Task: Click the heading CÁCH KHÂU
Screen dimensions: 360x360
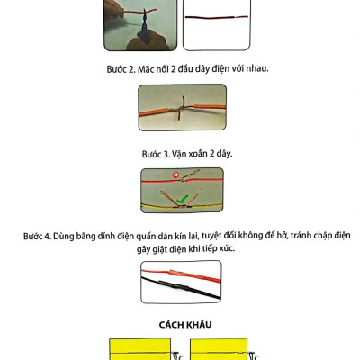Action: click(185, 325)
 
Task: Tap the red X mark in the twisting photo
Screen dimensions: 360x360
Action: click(175, 175)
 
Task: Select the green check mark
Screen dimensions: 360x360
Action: click(182, 199)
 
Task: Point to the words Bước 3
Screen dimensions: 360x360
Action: click(156, 154)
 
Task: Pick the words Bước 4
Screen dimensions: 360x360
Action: click(37, 236)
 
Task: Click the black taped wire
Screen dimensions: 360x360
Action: click(181, 288)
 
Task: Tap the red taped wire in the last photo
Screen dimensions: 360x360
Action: click(181, 275)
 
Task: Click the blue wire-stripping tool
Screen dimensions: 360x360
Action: click(145, 29)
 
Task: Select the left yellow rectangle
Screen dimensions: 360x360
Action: click(139, 349)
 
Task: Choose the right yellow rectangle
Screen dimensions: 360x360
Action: click(219, 349)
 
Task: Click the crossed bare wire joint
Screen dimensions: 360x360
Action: click(181, 108)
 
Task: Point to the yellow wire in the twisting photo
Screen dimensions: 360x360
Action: click(182, 206)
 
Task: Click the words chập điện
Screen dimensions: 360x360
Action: click(332, 236)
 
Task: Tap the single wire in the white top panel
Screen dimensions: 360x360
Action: click(217, 17)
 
